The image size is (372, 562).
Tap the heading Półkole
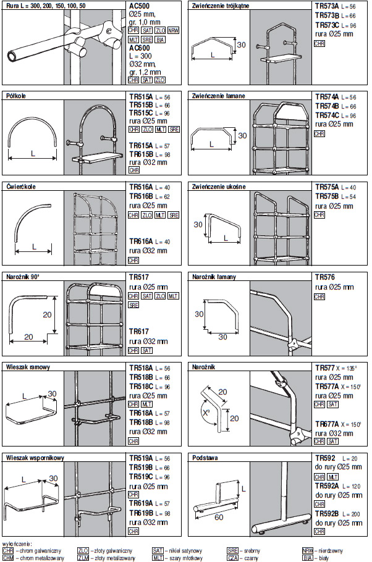pos(15,96)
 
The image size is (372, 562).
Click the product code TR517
pos(138,278)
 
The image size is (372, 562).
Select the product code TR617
pos(138,331)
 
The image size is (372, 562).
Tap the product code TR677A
pos(328,424)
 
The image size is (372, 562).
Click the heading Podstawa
pos(205,458)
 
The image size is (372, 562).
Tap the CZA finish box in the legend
pos(232,558)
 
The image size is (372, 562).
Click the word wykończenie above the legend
pos(17,542)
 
